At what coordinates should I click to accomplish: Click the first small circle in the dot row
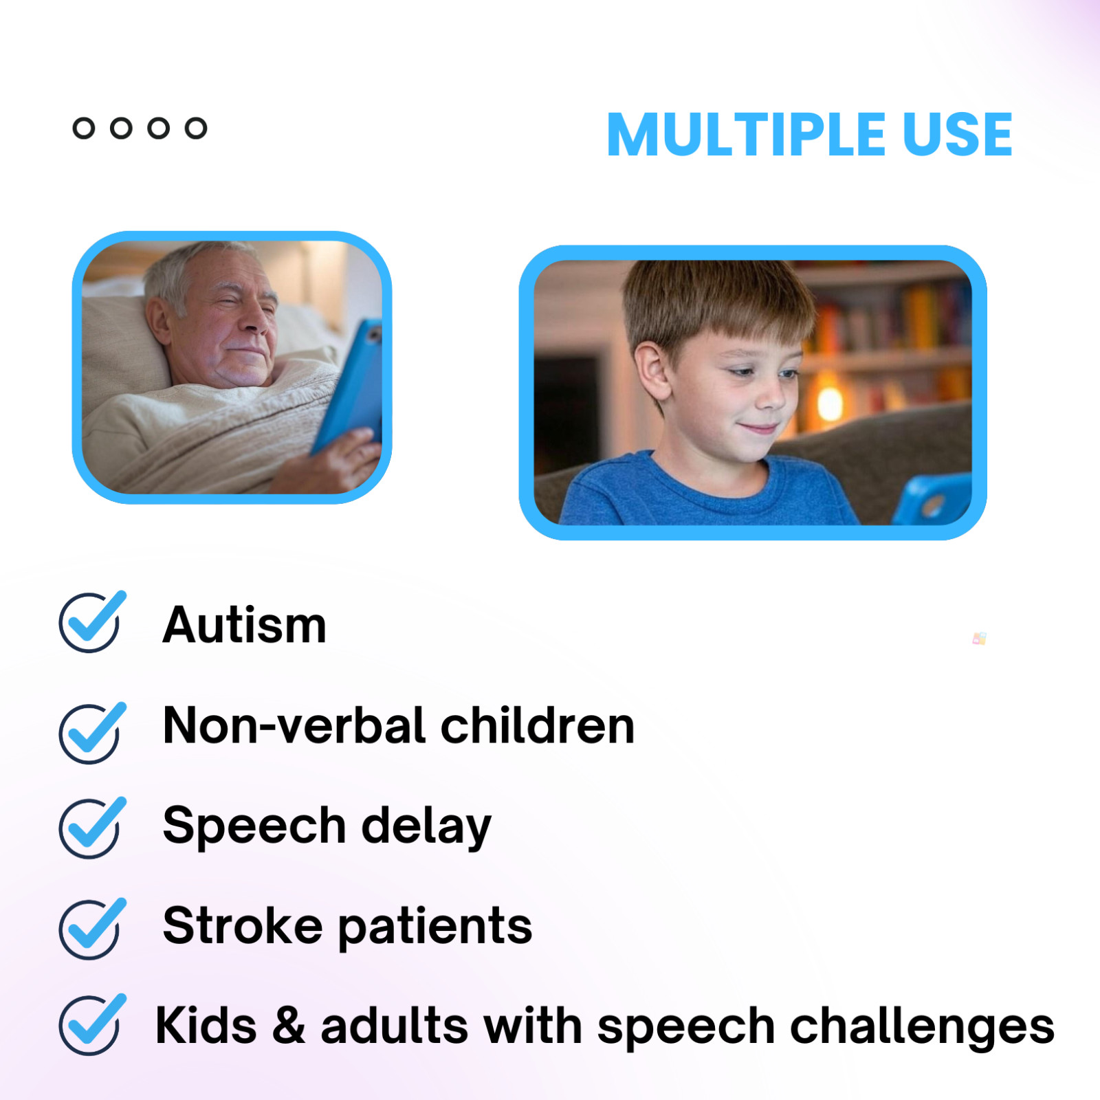(x=84, y=129)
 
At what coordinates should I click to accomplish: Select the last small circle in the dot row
(x=196, y=129)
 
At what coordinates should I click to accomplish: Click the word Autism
(x=245, y=625)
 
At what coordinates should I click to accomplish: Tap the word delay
(x=426, y=827)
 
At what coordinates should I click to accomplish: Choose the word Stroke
(x=242, y=925)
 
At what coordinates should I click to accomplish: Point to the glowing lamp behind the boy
(x=830, y=402)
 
